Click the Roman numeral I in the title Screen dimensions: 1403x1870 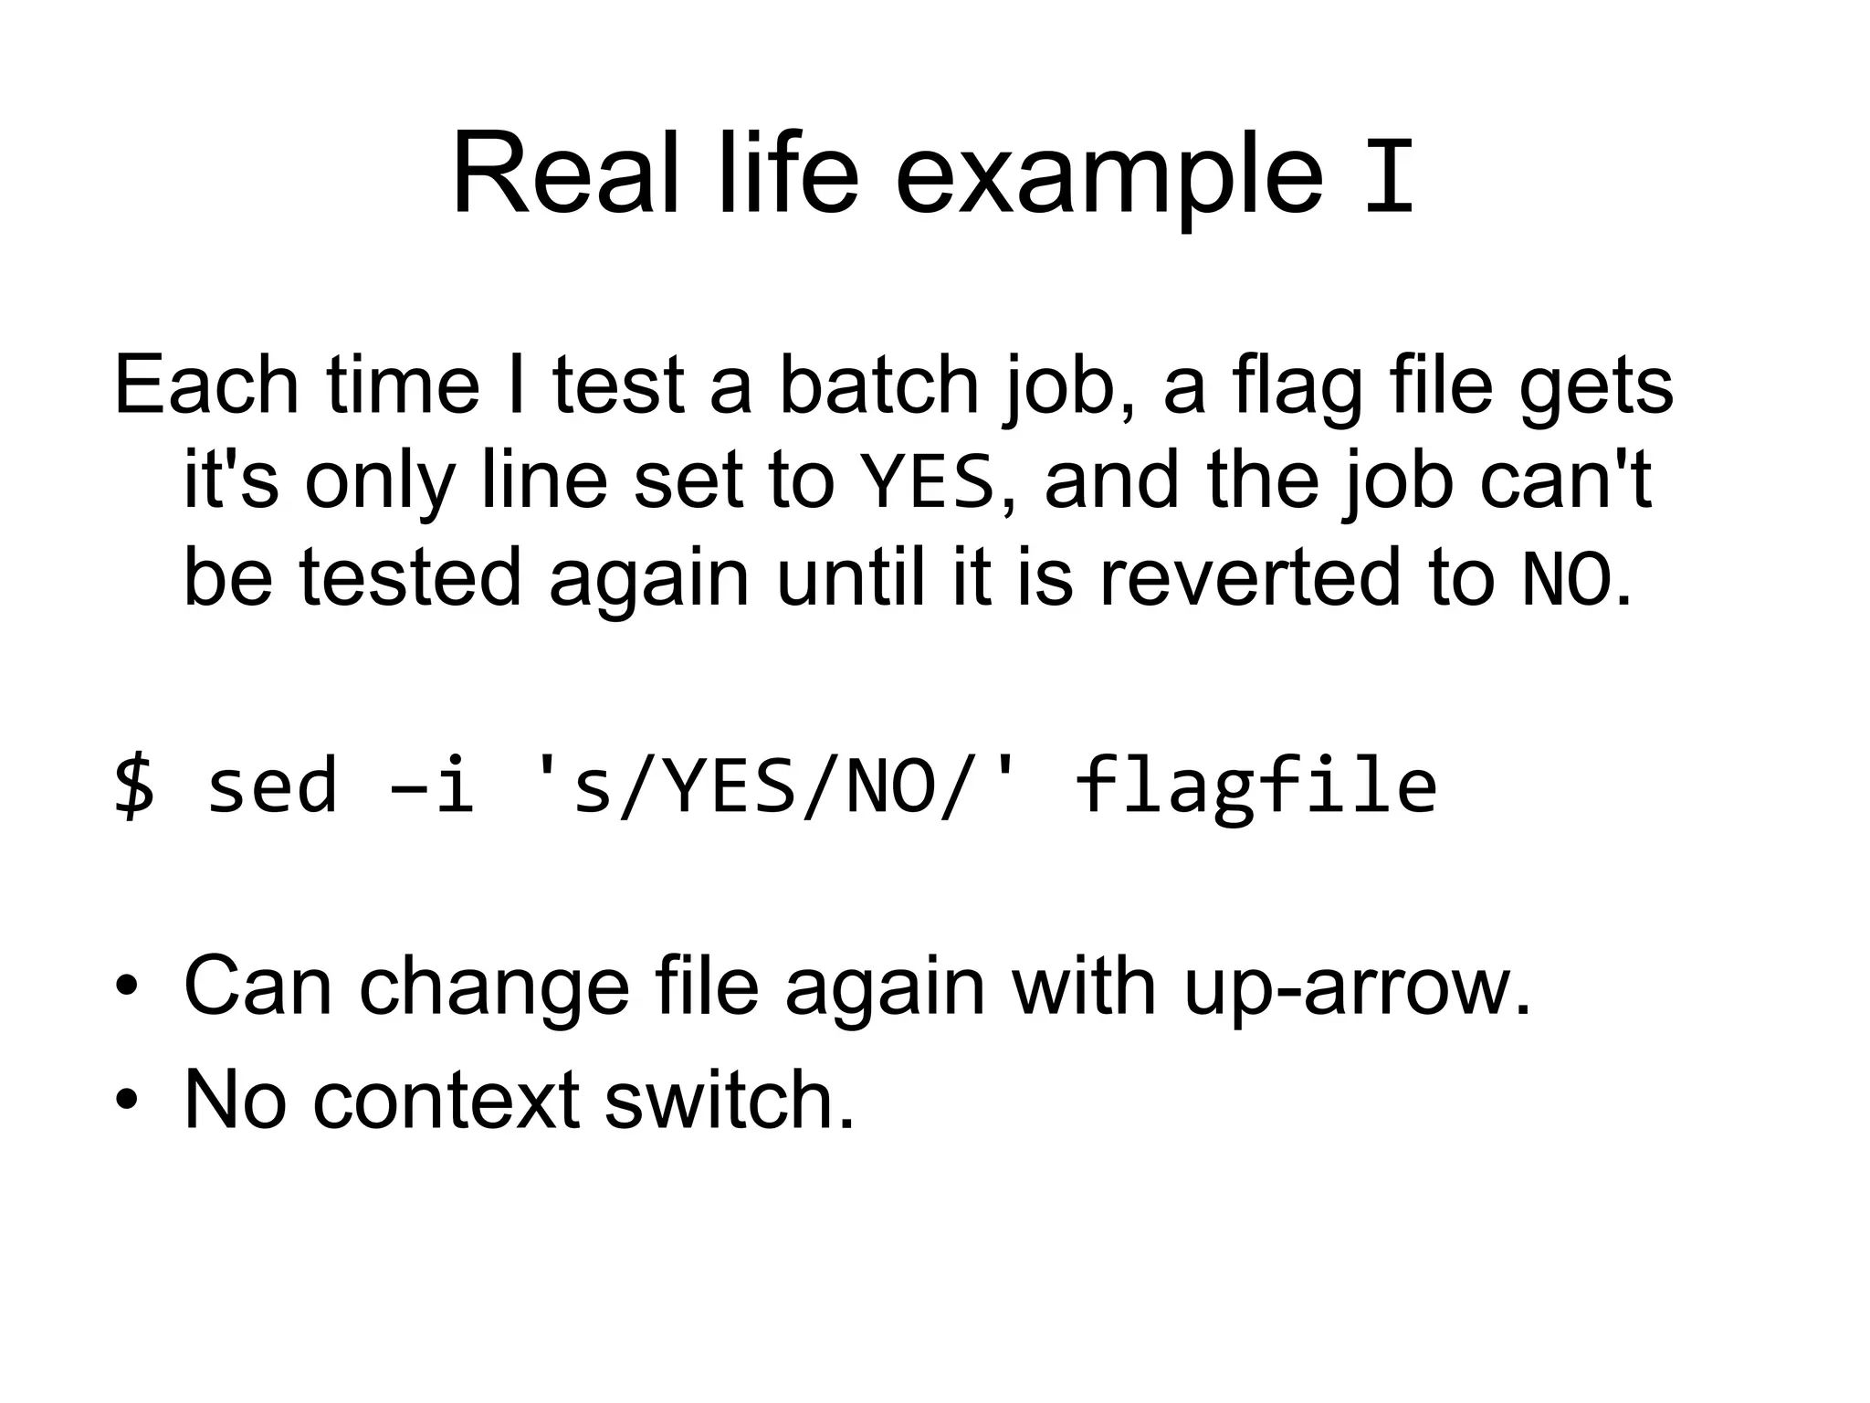1389,176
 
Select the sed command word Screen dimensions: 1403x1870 272,786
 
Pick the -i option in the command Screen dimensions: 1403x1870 432,786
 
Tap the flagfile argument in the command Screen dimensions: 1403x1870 1255,786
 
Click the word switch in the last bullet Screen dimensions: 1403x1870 729,1100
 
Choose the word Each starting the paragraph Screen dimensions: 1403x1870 206,385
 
